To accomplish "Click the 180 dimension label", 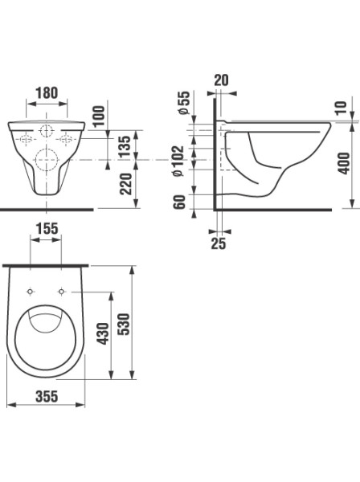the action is (x=47, y=93).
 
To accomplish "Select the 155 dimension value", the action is (x=47, y=228).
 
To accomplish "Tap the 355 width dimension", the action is (x=47, y=396).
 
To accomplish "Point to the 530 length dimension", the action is (x=125, y=324).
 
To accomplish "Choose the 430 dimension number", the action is (x=103, y=333).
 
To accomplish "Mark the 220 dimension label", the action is (x=125, y=184).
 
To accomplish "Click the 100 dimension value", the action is (x=99, y=116).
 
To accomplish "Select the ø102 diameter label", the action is (x=178, y=161).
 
